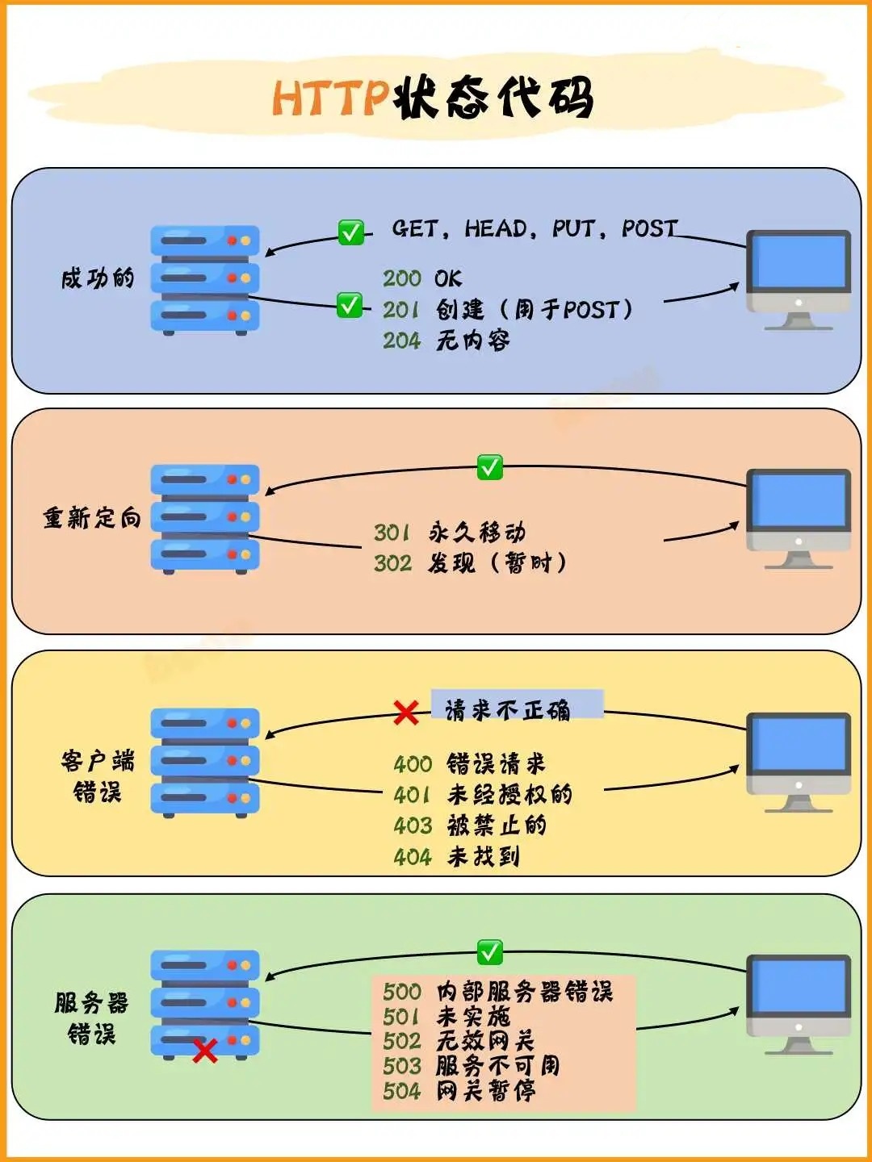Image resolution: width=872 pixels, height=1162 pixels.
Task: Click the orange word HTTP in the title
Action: [331, 98]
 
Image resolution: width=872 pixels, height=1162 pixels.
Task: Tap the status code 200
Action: [402, 278]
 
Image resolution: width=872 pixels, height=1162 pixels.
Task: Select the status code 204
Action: [402, 341]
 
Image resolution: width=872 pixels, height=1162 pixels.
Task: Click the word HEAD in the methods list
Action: [496, 228]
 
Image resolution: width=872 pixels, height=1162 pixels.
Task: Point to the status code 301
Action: [392, 533]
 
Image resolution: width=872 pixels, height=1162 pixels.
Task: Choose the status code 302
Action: [392, 562]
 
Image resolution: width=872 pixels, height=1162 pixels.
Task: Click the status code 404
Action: [413, 856]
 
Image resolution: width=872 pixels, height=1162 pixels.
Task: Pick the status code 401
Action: [412, 795]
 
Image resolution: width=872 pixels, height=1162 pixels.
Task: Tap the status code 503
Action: [402, 1066]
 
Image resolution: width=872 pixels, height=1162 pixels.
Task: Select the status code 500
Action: [402, 992]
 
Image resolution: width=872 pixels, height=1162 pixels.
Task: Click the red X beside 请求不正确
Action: [406, 713]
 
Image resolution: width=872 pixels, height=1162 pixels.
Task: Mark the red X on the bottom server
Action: [205, 1051]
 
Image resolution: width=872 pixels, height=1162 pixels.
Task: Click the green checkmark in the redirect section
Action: [490, 467]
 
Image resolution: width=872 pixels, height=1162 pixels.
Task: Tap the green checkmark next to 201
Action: [350, 305]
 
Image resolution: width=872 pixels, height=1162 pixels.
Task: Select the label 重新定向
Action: [92, 517]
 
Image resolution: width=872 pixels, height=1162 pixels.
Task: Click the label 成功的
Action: [98, 278]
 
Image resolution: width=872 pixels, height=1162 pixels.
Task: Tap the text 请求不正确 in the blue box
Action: [507, 710]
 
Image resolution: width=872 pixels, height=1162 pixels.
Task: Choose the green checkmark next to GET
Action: [351, 232]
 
